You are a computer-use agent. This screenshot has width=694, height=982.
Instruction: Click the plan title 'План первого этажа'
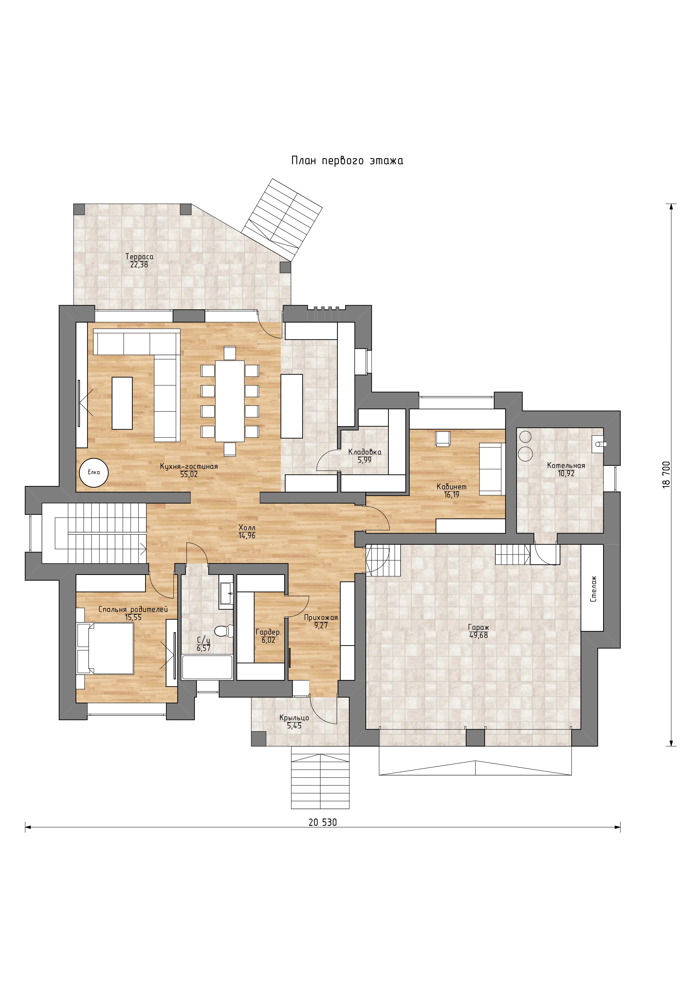[x=347, y=161]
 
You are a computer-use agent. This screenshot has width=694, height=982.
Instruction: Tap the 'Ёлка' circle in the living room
[x=94, y=473]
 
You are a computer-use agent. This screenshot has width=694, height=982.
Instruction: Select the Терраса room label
[x=139, y=257]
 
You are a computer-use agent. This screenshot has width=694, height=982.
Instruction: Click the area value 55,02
[x=189, y=474]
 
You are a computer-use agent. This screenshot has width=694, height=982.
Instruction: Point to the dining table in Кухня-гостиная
[x=230, y=401]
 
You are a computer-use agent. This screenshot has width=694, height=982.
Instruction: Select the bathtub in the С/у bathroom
[x=207, y=667]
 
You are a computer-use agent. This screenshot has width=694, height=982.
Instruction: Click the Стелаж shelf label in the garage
[x=593, y=589]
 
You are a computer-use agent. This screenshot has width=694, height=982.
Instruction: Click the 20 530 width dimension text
[x=323, y=822]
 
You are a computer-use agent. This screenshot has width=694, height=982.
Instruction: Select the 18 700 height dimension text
[x=667, y=475]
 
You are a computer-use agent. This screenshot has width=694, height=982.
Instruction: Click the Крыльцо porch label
[x=294, y=718]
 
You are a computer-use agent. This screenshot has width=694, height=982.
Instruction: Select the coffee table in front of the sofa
[x=122, y=403]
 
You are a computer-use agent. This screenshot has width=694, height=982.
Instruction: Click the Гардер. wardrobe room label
[x=268, y=632]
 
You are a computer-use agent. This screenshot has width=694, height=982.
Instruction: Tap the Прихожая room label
[x=321, y=618]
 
